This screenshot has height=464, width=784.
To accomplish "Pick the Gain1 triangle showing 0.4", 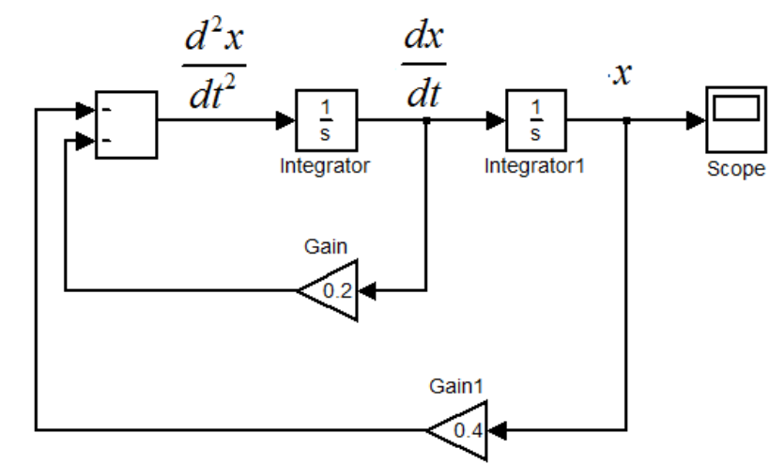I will pos(459,431).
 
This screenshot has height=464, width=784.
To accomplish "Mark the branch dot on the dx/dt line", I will pos(427,121).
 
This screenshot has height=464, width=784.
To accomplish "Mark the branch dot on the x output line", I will pos(626,121).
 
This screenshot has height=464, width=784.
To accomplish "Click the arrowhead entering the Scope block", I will pos(696,121).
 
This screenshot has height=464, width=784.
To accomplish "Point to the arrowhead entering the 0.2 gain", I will pos(369,290).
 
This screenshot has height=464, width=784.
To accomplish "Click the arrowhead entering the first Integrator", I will pos(287,121).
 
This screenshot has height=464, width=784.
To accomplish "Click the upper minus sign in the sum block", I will pos(106,109).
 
